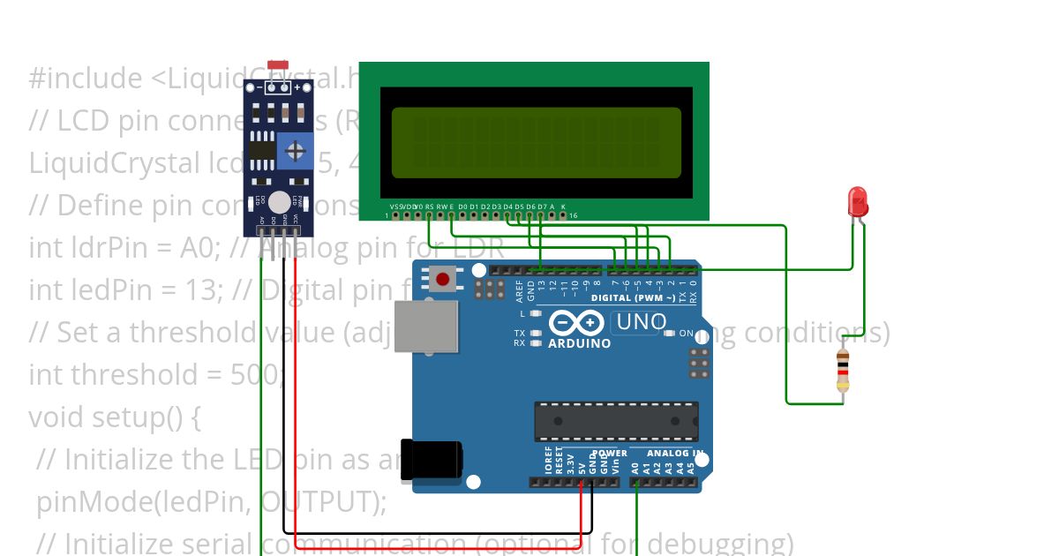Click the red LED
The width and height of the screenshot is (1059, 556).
[857, 202]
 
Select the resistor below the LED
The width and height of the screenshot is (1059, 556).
[844, 370]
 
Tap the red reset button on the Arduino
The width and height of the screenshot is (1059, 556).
[442, 280]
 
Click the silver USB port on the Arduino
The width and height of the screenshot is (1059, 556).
[425, 328]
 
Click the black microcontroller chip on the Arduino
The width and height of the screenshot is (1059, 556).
[616, 421]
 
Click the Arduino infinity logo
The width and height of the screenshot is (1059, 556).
[577, 323]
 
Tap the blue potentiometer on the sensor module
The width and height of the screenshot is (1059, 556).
[295, 151]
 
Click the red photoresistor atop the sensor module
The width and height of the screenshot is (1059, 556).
[278, 66]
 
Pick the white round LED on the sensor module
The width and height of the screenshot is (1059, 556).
[280, 202]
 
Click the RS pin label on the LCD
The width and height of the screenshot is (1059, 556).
[430, 206]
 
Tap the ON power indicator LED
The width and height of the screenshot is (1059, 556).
[670, 334]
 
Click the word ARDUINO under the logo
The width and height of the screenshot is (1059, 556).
[579, 343]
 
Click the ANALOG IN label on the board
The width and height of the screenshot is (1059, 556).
[676, 454]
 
